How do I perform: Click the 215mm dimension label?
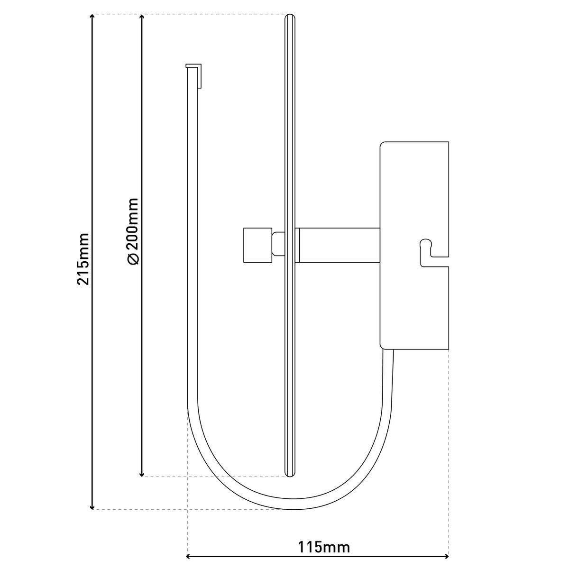(83, 258)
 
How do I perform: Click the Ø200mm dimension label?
(132, 231)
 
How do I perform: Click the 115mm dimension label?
(324, 547)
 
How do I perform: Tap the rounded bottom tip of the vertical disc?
(290, 473)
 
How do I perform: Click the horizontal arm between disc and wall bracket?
(339, 245)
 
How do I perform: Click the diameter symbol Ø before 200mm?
(133, 258)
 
